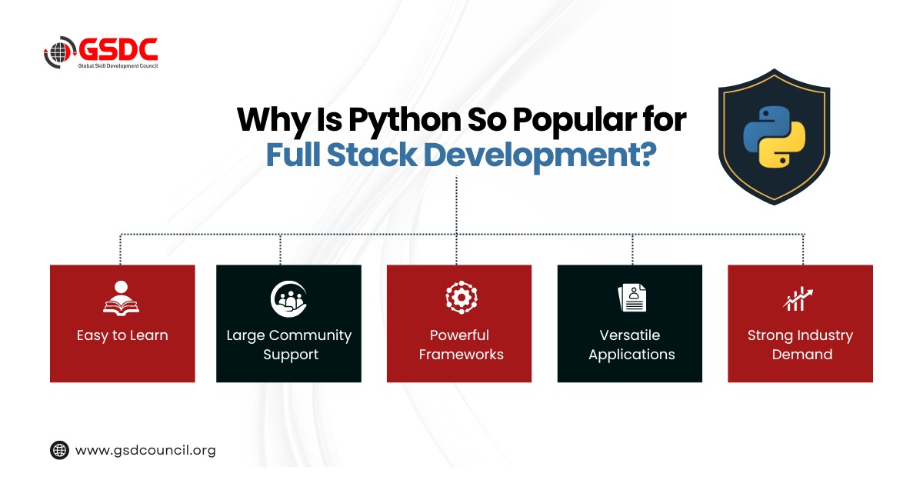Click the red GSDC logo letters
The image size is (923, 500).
click(118, 49)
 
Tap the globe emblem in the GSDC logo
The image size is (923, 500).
click(60, 52)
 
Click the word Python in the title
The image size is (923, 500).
click(405, 120)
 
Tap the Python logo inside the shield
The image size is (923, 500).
click(775, 137)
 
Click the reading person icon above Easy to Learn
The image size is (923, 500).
click(122, 298)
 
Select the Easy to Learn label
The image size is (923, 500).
click(122, 335)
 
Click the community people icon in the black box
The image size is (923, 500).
click(288, 298)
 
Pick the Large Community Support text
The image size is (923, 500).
click(289, 345)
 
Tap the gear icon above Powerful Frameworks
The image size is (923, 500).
click(461, 297)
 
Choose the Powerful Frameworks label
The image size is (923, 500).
click(461, 345)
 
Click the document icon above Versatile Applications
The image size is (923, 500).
click(632, 298)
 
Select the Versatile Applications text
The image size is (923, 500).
click(631, 345)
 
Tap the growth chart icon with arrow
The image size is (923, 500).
click(798, 298)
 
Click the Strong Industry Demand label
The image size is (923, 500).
click(800, 345)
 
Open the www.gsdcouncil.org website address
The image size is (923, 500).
click(145, 450)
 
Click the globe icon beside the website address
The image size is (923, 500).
click(59, 450)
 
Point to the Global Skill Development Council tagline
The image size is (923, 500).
click(118, 66)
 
